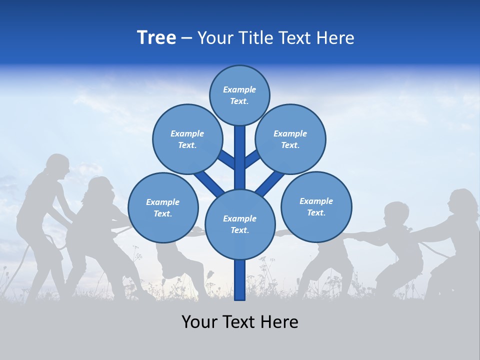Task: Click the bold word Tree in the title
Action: [156, 38]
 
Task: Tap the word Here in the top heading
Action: [335, 38]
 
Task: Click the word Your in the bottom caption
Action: [199, 322]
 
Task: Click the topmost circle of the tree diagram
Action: [239, 95]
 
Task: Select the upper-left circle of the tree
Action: [187, 139]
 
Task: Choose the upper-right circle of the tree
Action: [290, 139]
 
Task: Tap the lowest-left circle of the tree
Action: [163, 207]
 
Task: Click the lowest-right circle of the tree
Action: [316, 206]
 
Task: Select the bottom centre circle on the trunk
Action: [239, 224]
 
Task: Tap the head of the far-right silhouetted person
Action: [461, 202]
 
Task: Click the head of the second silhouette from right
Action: [396, 213]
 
